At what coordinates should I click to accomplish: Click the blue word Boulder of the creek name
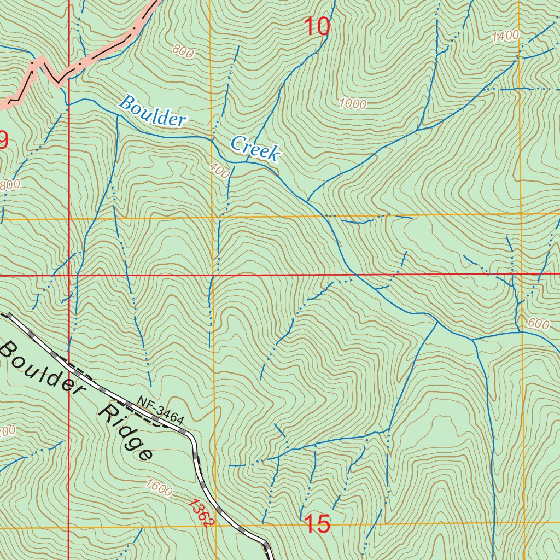[153, 111]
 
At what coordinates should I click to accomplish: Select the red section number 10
[317, 27]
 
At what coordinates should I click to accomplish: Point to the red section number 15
[317, 524]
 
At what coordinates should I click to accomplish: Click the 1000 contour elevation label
[352, 104]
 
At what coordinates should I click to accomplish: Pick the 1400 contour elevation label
[505, 37]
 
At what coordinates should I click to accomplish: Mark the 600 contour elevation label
[538, 324]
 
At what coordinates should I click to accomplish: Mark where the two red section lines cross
[69, 275]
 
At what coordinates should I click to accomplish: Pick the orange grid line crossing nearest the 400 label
[213, 218]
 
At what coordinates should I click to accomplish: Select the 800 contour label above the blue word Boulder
[183, 51]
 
